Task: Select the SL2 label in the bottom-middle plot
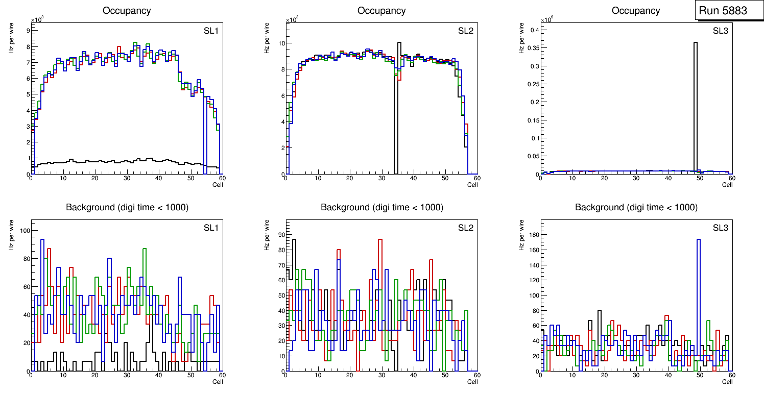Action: pyautogui.click(x=465, y=228)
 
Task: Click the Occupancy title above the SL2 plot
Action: pyautogui.click(x=381, y=11)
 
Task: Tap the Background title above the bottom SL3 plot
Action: pyautogui.click(x=636, y=207)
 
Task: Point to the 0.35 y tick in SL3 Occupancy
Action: pyautogui.click(x=531, y=48)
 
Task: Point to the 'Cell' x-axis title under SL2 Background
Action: pyautogui.click(x=472, y=381)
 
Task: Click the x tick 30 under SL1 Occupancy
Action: pyautogui.click(x=126, y=178)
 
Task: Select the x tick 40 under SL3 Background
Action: pyautogui.click(x=667, y=375)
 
